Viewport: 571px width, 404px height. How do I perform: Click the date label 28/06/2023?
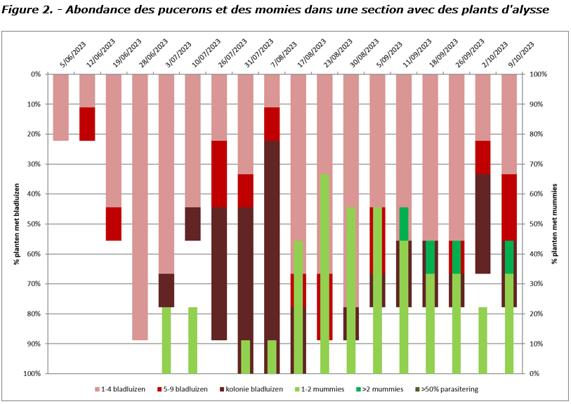click(153, 53)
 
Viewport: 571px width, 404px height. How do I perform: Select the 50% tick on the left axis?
click(33, 224)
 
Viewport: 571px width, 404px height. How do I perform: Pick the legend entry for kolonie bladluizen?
click(251, 389)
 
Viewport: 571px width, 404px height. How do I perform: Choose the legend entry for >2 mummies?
click(380, 389)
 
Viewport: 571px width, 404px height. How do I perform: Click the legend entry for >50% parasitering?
click(447, 389)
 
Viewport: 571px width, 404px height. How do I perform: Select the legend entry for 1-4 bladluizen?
click(120, 389)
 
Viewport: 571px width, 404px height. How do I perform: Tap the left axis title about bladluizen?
click(17, 224)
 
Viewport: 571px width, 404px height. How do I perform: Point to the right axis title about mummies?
click(555, 224)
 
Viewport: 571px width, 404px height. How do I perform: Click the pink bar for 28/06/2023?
click(140, 207)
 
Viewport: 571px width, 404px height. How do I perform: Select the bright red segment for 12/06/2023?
click(87, 124)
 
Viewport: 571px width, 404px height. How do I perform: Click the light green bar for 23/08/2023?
click(324, 274)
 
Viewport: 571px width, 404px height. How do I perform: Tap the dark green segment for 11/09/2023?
click(404, 224)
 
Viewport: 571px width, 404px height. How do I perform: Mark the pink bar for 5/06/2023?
click(61, 107)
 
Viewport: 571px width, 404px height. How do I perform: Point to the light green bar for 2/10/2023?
click(483, 340)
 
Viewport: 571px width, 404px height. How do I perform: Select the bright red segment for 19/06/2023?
click(114, 224)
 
